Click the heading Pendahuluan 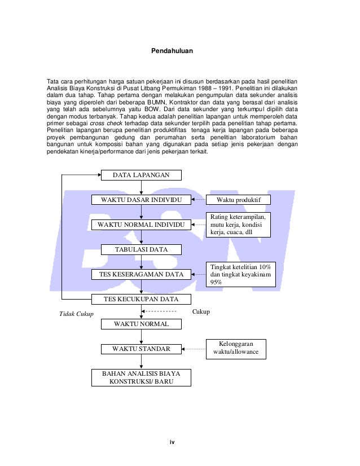click(x=175, y=51)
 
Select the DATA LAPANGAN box click(x=141, y=175)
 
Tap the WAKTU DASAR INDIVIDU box click(x=142, y=200)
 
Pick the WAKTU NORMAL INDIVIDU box click(x=142, y=225)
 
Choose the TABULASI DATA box click(x=141, y=249)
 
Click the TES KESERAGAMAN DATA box click(x=142, y=274)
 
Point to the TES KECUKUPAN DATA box click(x=142, y=299)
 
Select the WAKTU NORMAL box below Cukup click(x=141, y=324)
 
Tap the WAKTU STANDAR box click(x=141, y=349)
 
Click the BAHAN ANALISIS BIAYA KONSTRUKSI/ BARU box click(x=142, y=378)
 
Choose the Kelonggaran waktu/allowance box click(x=235, y=348)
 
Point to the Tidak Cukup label click(x=77, y=314)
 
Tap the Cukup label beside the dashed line click(x=201, y=311)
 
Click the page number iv click(x=173, y=441)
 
